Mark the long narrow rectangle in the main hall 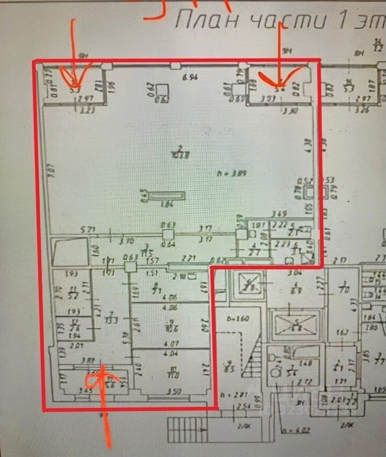click(x=167, y=196)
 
